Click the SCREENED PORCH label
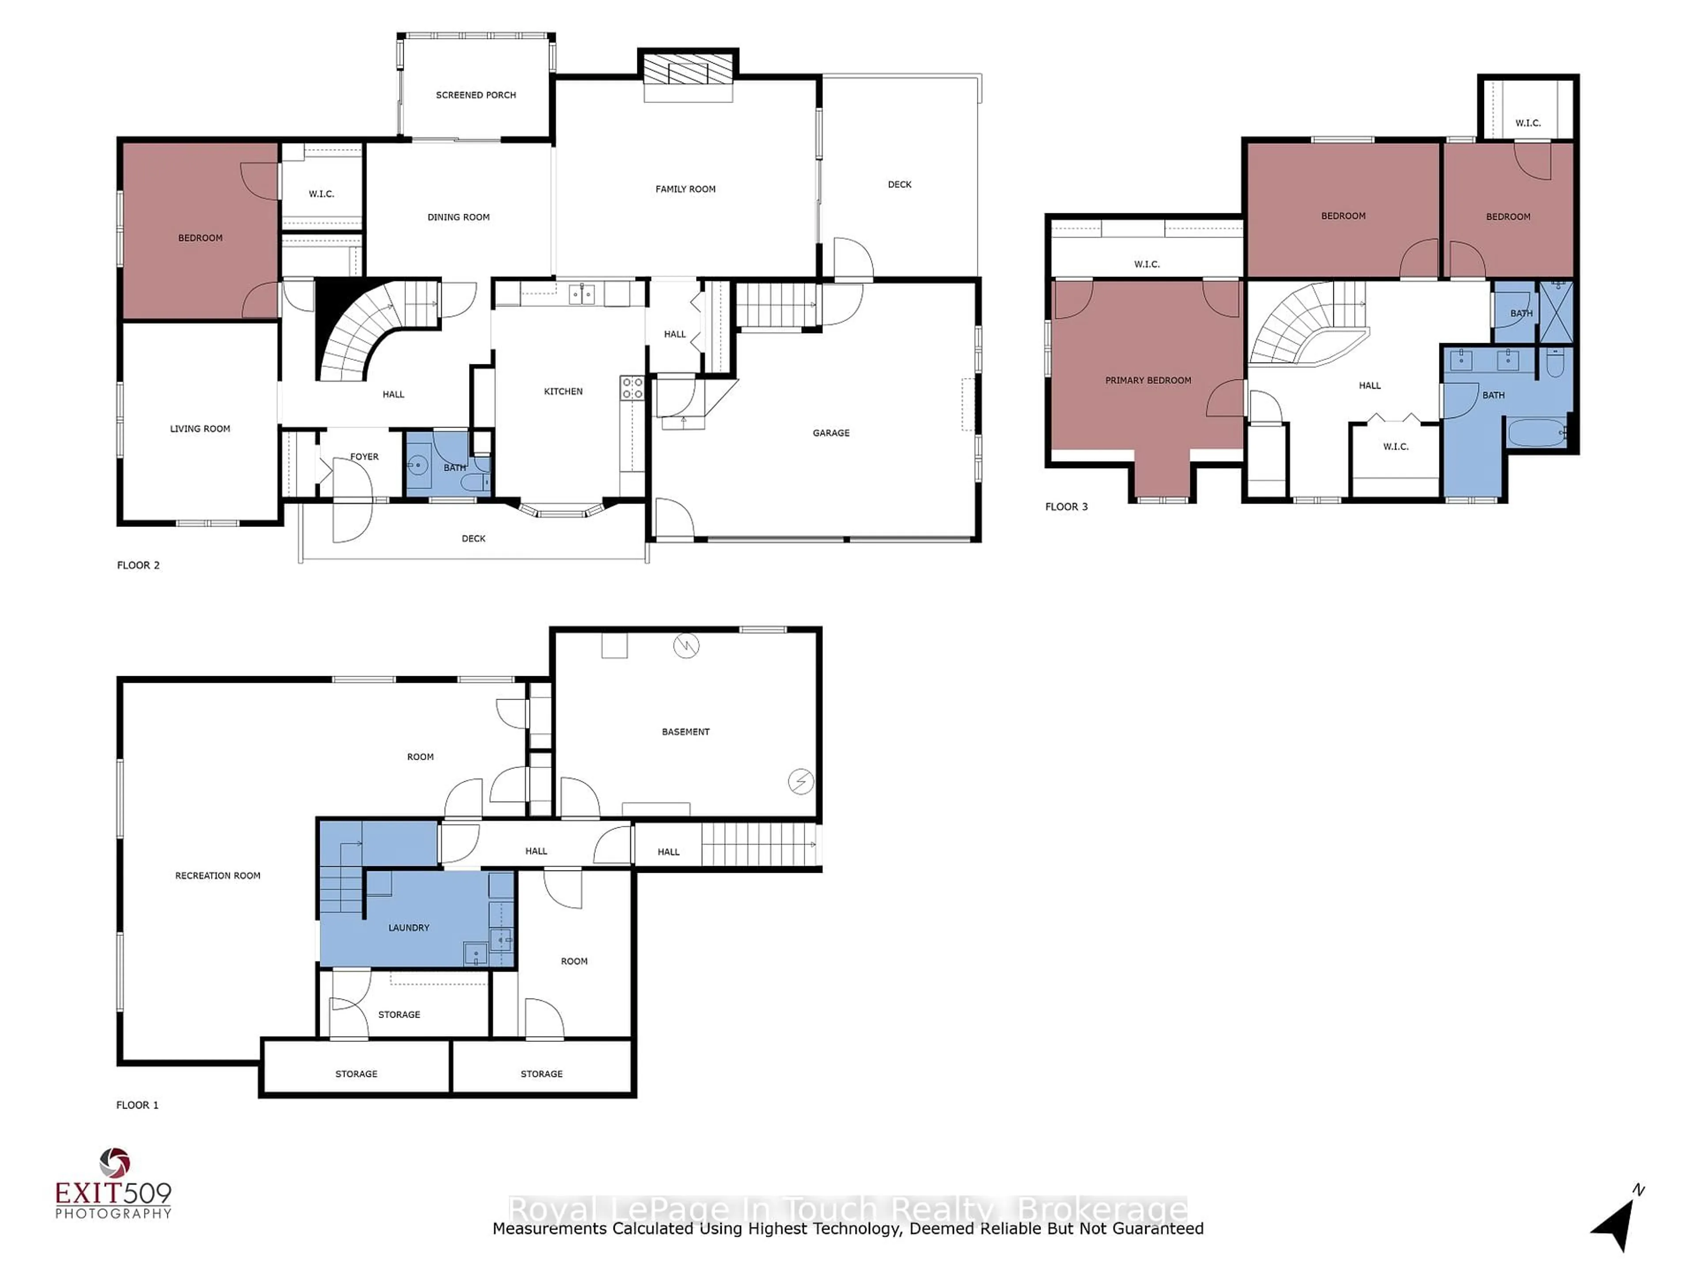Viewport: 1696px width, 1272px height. point(475,95)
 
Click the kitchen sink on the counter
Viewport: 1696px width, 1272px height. point(581,294)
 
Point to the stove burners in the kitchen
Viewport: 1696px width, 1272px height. point(632,388)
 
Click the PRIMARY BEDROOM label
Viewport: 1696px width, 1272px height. point(1148,380)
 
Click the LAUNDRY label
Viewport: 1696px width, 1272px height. point(408,928)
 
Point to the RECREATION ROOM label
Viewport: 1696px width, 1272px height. point(218,875)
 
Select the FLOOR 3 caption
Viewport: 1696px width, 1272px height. point(1066,507)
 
